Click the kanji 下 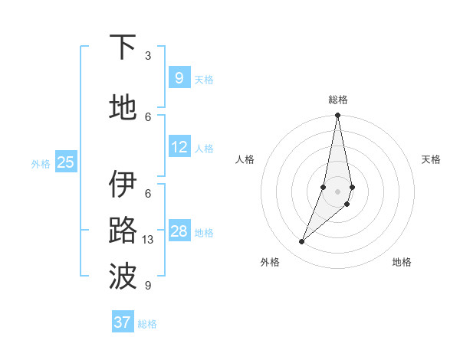pos(123,47)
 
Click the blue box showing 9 pos(179,77)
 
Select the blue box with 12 pos(179,147)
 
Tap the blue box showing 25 pos(66,162)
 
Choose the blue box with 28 pos(179,231)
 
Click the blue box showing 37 pos(123,322)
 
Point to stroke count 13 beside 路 pos(149,240)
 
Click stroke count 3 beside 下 pos(148,56)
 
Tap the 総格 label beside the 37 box pos(147,324)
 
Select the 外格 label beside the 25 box pos(41,163)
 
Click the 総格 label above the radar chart pos(337,100)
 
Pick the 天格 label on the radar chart pos(431,159)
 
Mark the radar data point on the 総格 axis pos(337,116)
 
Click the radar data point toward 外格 pos(301,242)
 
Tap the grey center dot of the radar pos(337,191)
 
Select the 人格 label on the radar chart pos(245,159)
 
